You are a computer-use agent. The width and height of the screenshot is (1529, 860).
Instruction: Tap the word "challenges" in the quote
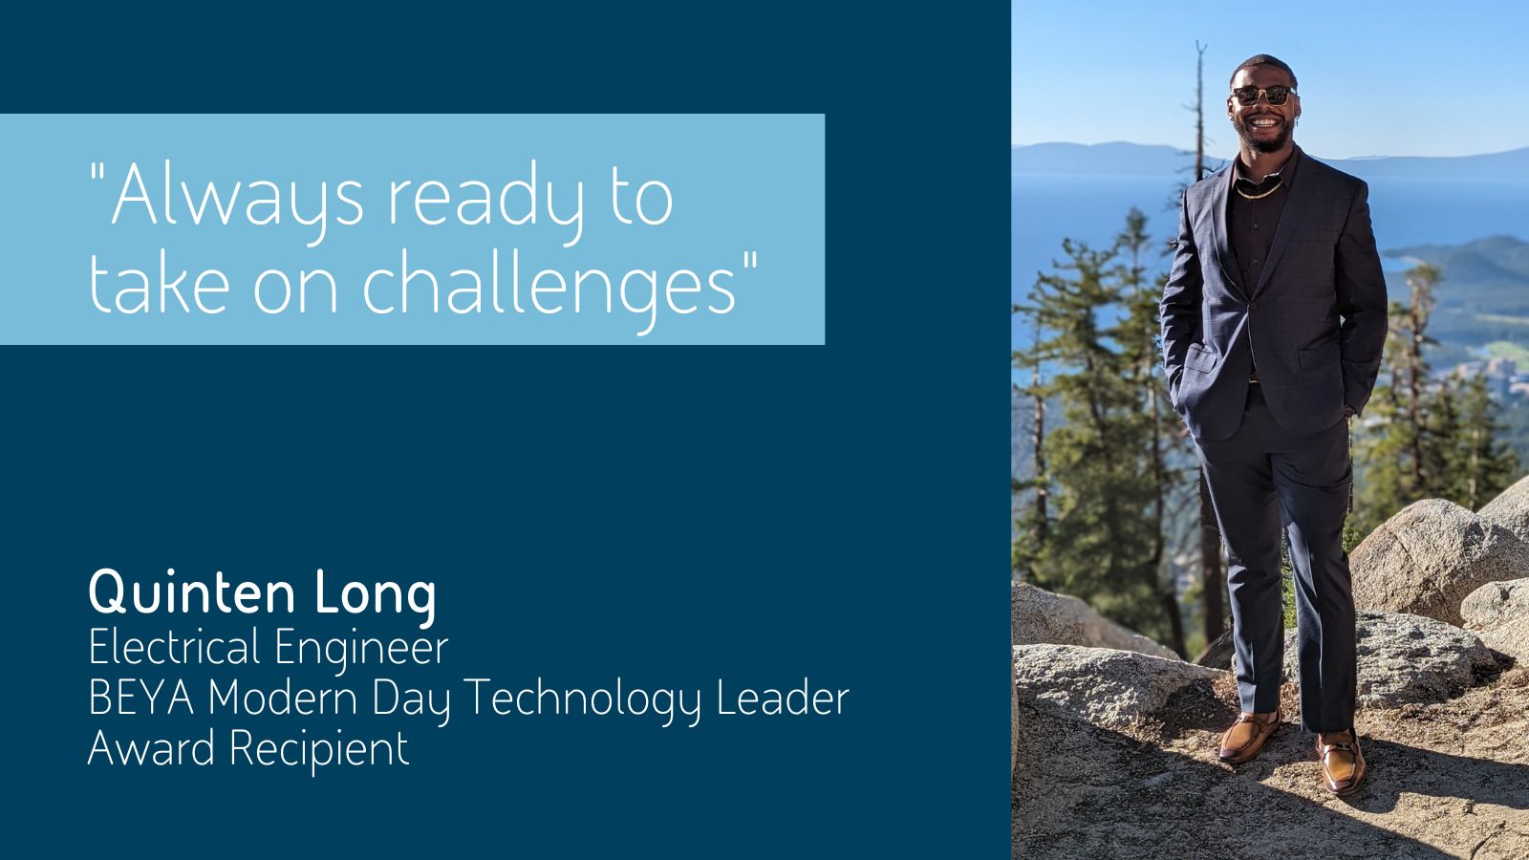(549, 286)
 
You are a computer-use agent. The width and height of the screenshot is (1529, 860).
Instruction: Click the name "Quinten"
(192, 592)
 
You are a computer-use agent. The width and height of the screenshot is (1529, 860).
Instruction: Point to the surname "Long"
(375, 595)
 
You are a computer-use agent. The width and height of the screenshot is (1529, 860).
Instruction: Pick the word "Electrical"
(174, 646)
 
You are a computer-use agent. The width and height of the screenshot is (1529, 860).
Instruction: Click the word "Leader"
(783, 698)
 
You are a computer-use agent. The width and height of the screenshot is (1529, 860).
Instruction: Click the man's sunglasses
(1263, 95)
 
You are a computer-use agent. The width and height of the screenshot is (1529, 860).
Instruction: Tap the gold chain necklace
(1260, 192)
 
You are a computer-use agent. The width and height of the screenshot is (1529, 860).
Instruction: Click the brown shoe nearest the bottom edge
(1342, 763)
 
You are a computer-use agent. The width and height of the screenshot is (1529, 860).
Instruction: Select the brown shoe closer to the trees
(1248, 736)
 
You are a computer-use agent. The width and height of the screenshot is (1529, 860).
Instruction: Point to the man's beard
(1265, 139)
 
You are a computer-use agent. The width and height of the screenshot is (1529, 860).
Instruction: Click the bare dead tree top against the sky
(1199, 102)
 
